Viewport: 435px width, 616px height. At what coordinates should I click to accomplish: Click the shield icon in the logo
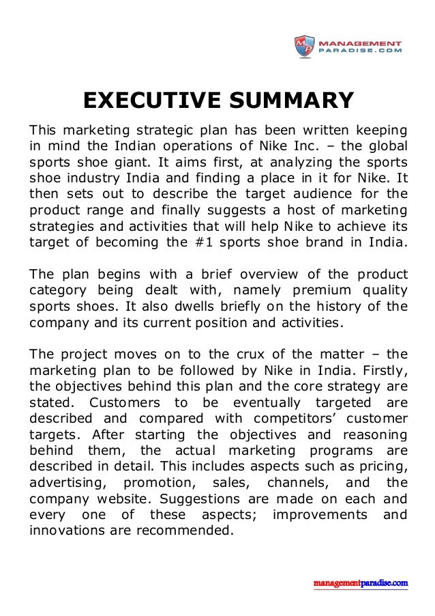tap(304, 46)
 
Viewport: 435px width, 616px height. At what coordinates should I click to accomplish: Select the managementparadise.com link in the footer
tap(361, 583)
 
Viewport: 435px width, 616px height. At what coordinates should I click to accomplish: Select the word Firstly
tap(382, 369)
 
